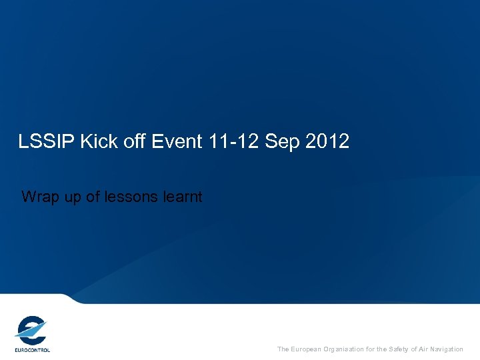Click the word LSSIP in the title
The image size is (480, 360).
click(43, 141)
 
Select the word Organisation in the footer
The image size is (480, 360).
click(345, 349)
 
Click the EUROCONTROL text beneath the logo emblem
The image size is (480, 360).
click(32, 349)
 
